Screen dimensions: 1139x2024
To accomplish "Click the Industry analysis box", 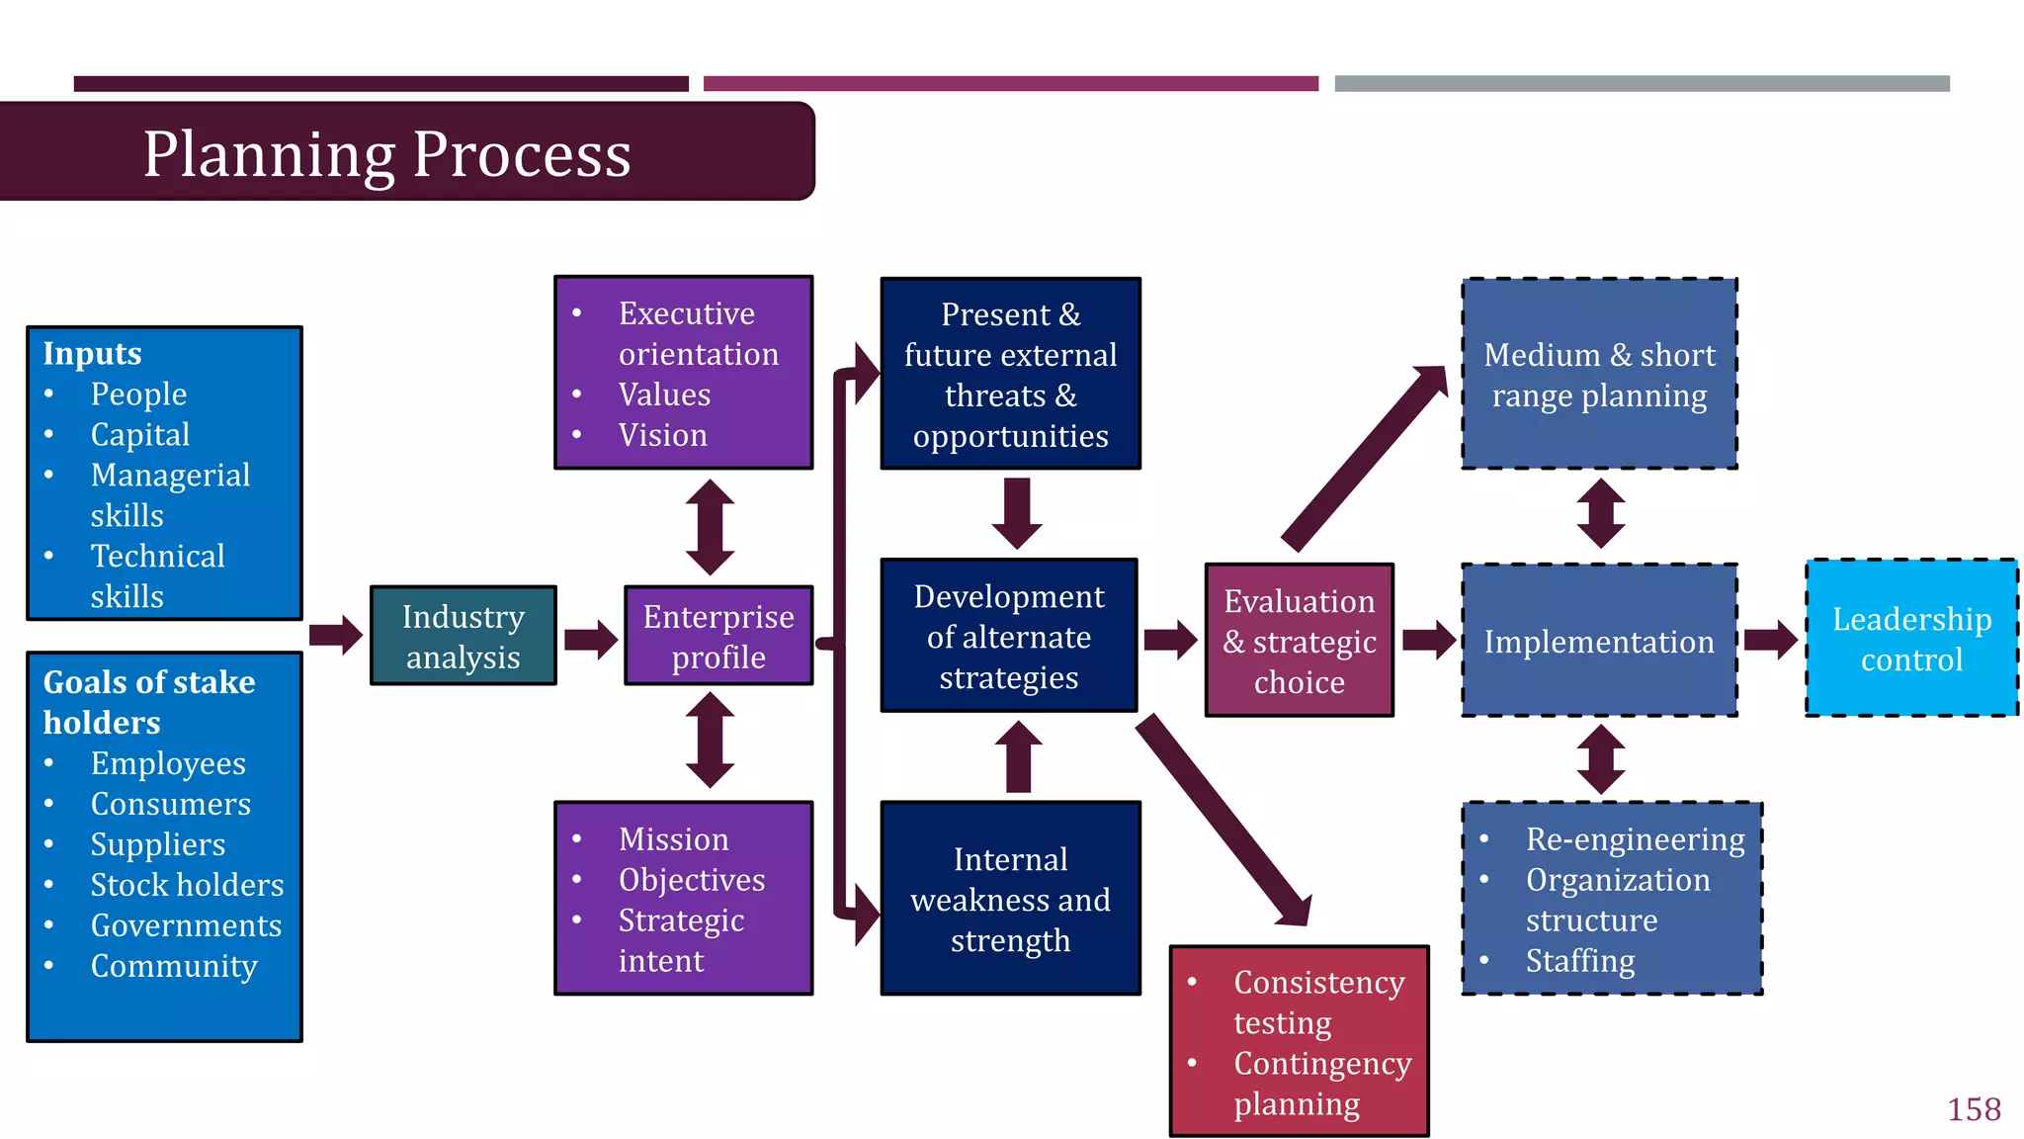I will [463, 636].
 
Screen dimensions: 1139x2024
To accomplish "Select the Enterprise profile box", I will [718, 636].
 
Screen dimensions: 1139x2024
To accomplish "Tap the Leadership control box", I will [1911, 639].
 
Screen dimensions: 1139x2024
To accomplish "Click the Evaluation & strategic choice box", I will [1299, 641].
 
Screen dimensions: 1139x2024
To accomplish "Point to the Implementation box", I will [1599, 642].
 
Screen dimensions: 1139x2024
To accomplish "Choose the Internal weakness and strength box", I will [1010, 899].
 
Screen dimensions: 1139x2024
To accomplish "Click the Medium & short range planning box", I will [1599, 375].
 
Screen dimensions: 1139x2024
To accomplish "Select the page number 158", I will [1974, 1109].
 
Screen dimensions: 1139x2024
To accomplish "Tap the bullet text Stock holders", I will [187, 885].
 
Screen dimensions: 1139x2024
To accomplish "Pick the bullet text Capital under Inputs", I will [140, 434].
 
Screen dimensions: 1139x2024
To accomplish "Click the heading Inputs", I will [92, 353].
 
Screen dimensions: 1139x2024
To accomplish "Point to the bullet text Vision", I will [662, 435].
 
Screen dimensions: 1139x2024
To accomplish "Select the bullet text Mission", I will [673, 839].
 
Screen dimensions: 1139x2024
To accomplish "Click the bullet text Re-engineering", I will [1635, 839].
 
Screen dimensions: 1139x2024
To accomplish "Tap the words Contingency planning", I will [1321, 1083].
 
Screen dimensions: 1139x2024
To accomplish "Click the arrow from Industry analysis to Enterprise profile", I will [591, 639].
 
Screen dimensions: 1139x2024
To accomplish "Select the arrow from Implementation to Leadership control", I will [1770, 640].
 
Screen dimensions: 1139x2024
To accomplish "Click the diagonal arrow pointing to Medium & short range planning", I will [1364, 458].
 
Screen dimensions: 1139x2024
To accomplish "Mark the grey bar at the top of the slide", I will [1642, 84].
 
